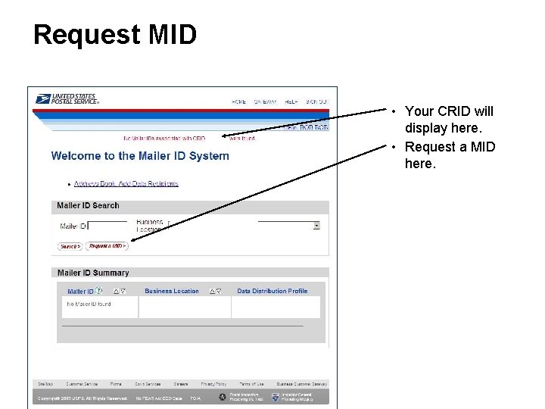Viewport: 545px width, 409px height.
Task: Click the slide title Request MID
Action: (115, 35)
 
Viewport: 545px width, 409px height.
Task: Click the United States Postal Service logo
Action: (67, 99)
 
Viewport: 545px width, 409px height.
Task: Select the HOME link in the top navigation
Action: (239, 101)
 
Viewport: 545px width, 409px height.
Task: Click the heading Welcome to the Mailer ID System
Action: (140, 156)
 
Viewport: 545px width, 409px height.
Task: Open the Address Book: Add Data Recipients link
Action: (126, 183)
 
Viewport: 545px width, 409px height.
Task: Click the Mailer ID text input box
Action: (107, 226)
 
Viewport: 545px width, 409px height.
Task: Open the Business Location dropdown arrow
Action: (316, 226)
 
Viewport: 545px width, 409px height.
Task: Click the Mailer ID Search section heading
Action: (89, 205)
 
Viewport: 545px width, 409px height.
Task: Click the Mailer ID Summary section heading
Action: (93, 273)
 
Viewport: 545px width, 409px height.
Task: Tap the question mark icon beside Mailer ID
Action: (99, 291)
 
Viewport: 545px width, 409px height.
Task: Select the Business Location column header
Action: (172, 291)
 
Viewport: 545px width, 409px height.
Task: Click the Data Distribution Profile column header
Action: (272, 291)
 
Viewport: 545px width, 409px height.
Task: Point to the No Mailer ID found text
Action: (89, 304)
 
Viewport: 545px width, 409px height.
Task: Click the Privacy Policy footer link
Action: (213, 384)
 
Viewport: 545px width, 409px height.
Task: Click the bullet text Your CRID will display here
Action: (449, 119)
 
